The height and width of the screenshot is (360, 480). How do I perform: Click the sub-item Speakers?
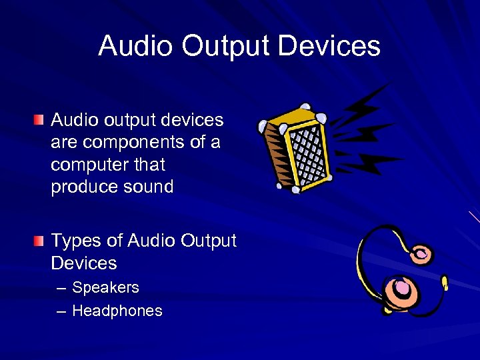[105, 288]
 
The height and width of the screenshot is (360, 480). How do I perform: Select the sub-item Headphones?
[117, 311]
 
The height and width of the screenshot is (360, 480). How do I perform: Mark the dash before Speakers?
[61, 288]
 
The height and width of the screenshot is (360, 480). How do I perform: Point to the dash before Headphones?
[61, 311]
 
